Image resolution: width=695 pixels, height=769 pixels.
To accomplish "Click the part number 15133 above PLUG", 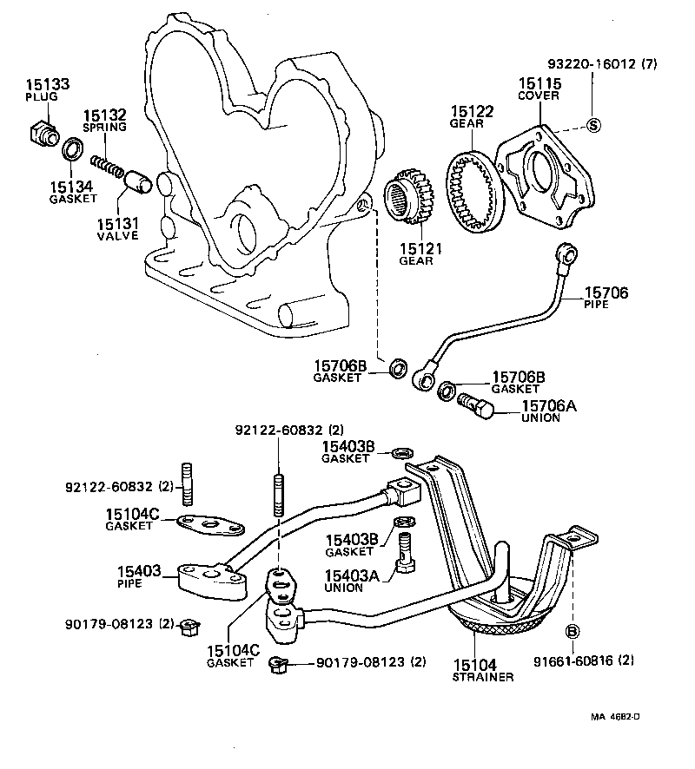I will coord(48,85).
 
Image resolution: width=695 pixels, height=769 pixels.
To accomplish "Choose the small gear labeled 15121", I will coord(410,199).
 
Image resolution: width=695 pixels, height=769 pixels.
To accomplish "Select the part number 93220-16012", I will coord(592,64).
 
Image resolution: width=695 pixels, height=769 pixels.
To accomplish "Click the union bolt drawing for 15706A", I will coord(475,405).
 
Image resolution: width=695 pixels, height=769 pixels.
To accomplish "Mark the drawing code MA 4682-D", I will coord(616,716).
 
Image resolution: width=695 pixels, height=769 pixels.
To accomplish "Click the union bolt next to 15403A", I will coord(404,555).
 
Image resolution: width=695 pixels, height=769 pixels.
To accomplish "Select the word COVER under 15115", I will coord(539,95).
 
